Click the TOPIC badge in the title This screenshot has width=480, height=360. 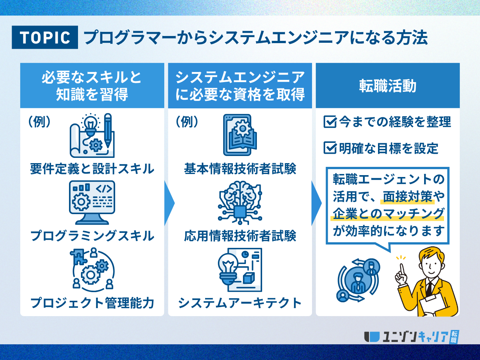click(45, 37)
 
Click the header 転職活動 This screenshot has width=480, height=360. click(387, 86)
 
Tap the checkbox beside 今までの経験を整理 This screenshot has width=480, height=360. click(330, 122)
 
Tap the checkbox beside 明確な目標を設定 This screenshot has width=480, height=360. click(330, 148)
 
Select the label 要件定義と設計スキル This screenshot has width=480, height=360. click(92, 169)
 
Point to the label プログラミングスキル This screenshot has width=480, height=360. click(92, 235)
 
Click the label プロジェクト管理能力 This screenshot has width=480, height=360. click(92, 303)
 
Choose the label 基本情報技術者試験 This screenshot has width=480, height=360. click(240, 169)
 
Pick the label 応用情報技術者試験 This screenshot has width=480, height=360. click(240, 235)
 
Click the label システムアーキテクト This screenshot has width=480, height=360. click(240, 303)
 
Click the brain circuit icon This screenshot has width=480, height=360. click(240, 202)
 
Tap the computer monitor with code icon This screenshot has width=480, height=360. click(92, 202)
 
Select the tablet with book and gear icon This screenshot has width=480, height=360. click(240, 135)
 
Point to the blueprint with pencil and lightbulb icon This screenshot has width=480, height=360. click(92, 136)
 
